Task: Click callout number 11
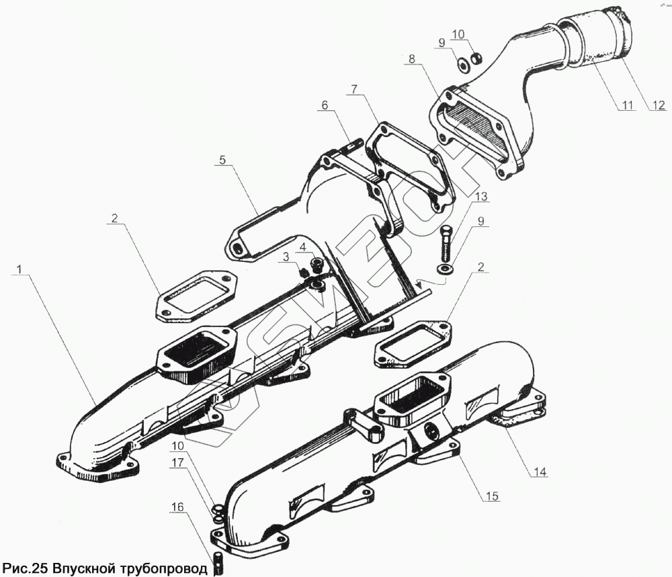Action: (x=627, y=105)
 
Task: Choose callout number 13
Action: (x=480, y=197)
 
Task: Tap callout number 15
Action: (x=492, y=497)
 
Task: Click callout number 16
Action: (x=176, y=508)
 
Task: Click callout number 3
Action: (x=285, y=257)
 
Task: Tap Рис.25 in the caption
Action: (x=26, y=568)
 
